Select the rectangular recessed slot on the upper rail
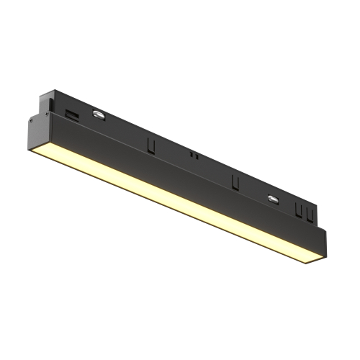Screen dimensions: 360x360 72,114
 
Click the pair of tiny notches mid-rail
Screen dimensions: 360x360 192,154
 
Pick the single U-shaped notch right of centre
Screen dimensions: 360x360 234,181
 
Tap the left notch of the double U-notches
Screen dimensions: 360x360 297,210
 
